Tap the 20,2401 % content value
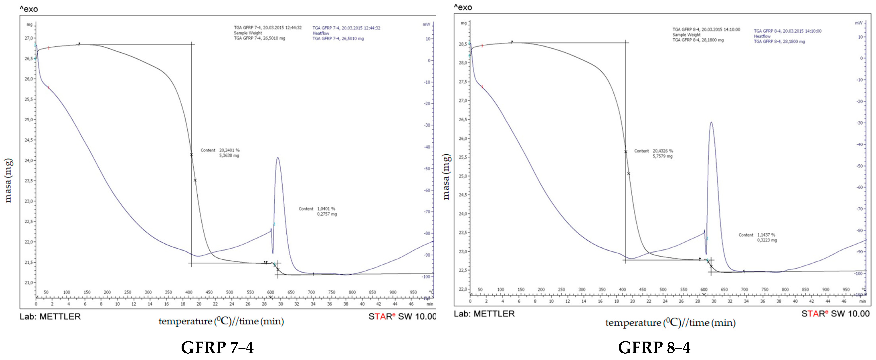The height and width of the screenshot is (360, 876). pos(229,150)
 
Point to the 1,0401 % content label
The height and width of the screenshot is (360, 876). pos(326,209)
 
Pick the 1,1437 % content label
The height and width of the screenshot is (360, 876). pos(766,235)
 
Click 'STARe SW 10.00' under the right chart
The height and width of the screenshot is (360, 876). pos(835,314)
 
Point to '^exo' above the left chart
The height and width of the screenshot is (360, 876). pos(29,9)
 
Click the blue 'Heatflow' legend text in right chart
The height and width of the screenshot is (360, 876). pos(762,36)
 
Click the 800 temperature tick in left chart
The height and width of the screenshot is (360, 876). pos(352,292)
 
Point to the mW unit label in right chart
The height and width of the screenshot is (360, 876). pos(858,23)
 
